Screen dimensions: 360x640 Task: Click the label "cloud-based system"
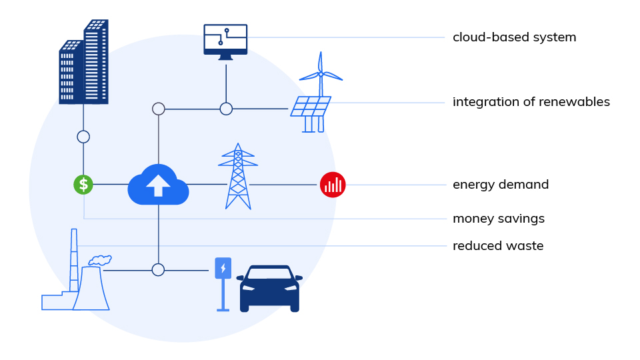point(514,37)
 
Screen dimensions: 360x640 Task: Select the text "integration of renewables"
point(531,102)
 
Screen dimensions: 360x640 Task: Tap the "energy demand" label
point(501,185)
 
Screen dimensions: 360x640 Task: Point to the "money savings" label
point(499,219)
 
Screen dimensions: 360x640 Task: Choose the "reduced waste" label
point(498,246)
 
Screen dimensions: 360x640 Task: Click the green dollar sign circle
point(83,185)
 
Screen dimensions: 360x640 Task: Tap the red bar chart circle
point(333,185)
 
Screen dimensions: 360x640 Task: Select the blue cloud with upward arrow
point(158,185)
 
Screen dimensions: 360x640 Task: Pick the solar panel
point(310,107)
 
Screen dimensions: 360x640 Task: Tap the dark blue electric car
point(269,288)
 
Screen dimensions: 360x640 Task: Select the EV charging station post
point(223,283)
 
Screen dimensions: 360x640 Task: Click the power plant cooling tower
point(91,288)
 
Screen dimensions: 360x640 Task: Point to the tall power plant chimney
point(74,260)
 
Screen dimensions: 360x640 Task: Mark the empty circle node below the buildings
point(83,137)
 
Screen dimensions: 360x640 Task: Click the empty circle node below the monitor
point(226,109)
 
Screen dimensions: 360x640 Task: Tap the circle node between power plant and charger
point(158,270)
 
